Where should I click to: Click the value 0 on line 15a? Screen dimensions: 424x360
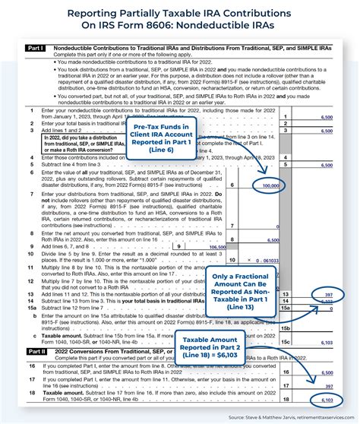pyautogui.click(x=328, y=309)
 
